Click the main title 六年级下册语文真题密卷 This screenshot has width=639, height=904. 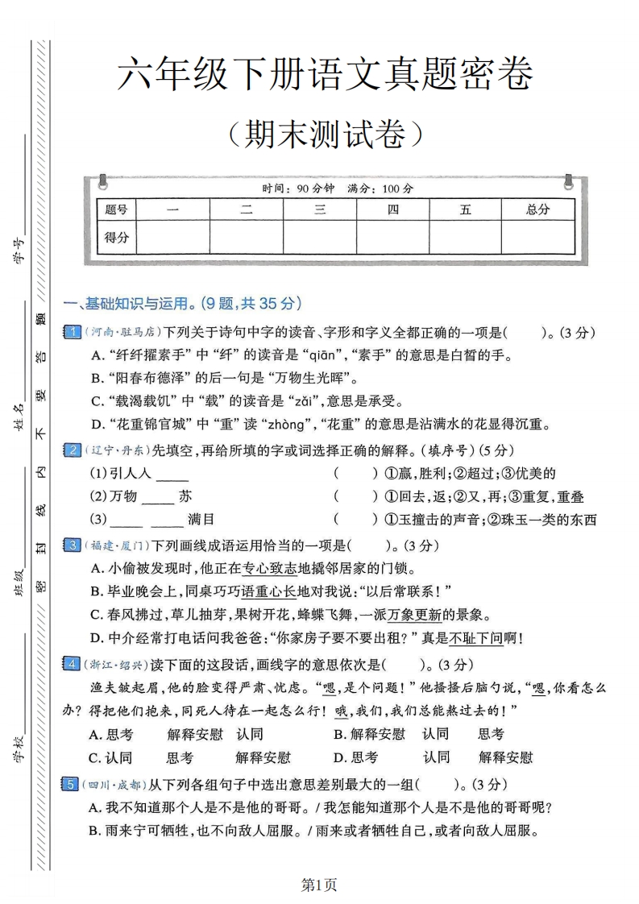(x=325, y=76)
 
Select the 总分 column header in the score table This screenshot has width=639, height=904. (x=537, y=209)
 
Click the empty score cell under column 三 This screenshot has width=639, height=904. (x=319, y=237)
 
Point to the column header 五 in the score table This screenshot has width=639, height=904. (x=465, y=209)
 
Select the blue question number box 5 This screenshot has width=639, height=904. (x=72, y=783)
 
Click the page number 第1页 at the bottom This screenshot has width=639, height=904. (x=319, y=885)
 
